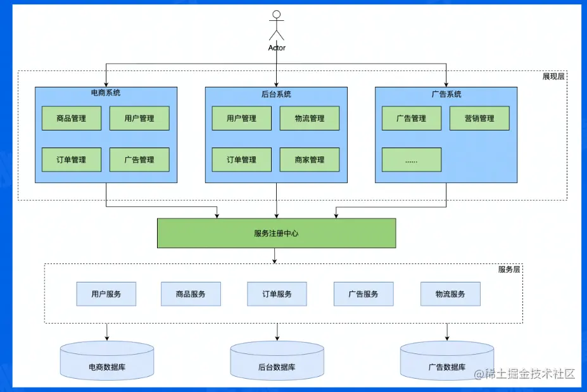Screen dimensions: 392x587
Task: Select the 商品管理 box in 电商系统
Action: tap(72, 118)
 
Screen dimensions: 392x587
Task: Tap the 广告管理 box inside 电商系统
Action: tap(139, 160)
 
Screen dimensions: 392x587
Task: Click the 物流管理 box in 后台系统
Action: tap(310, 118)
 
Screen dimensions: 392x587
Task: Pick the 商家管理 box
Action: tap(310, 160)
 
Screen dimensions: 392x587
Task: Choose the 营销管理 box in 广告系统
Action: tap(479, 118)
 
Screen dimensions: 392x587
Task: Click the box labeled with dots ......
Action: tap(412, 160)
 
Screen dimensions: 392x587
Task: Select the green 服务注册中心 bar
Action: tap(276, 233)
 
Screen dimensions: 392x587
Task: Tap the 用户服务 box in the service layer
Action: tap(106, 294)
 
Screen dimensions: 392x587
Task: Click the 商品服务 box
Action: tap(191, 294)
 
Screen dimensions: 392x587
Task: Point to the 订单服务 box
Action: tap(277, 294)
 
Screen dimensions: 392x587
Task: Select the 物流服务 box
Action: tap(450, 294)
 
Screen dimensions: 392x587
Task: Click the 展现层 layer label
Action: tap(553, 77)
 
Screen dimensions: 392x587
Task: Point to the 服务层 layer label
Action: tap(509, 269)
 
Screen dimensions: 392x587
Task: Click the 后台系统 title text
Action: tap(276, 94)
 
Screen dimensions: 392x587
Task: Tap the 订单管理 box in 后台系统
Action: tap(241, 160)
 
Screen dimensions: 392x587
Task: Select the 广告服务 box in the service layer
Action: tap(363, 294)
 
